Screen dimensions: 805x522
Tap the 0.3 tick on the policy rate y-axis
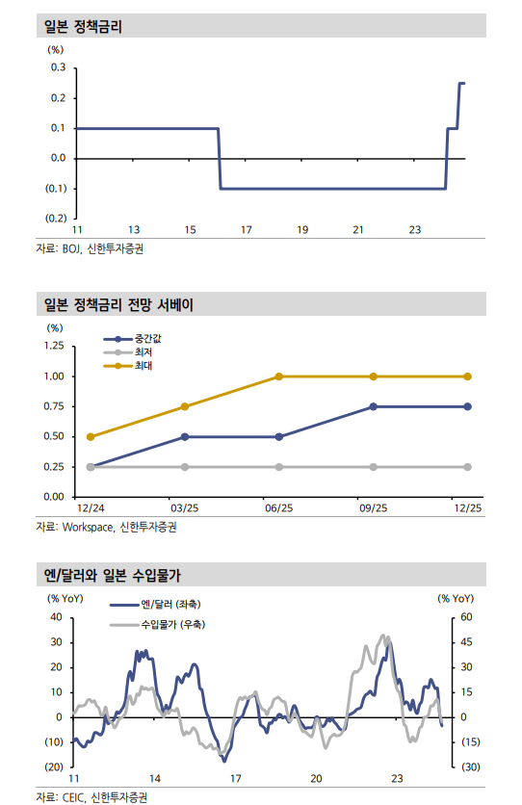[58, 67]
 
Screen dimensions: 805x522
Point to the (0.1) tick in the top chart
[55, 188]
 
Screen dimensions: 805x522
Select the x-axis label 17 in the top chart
[247, 229]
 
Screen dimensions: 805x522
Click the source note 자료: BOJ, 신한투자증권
[94, 248]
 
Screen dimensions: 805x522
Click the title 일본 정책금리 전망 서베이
[118, 306]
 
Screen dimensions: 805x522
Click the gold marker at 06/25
[279, 377]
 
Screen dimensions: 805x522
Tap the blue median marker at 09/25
[374, 406]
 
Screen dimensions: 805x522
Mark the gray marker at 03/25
[185, 467]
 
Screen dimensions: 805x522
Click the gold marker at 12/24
[91, 436]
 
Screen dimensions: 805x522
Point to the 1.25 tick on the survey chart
[54, 346]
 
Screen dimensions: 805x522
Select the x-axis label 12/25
[467, 507]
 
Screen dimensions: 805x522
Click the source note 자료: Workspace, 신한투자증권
[106, 527]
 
